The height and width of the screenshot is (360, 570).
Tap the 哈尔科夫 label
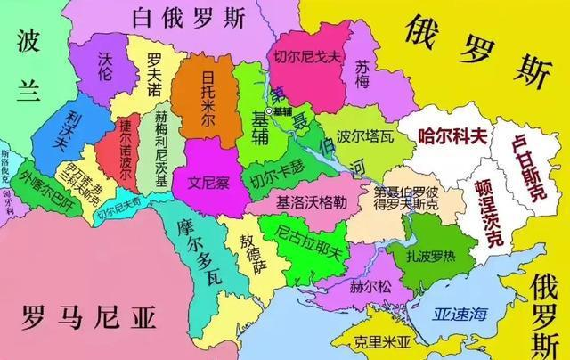point(452,136)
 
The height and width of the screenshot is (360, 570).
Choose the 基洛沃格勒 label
point(311,201)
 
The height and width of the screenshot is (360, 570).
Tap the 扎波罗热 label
point(419,255)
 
